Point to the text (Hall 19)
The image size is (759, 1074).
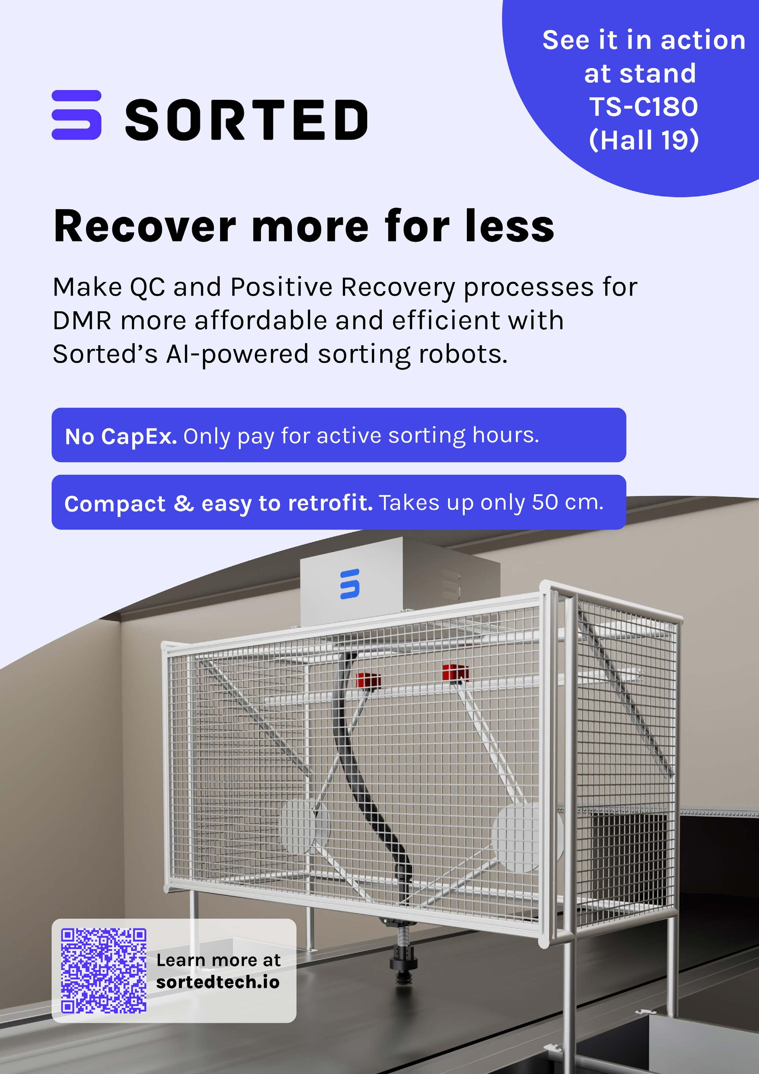[644, 140]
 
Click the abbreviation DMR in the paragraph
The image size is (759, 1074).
[82, 321]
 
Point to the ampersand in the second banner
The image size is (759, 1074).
[184, 503]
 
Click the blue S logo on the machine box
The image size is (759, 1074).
[350, 584]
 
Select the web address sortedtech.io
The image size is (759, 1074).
[218, 982]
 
